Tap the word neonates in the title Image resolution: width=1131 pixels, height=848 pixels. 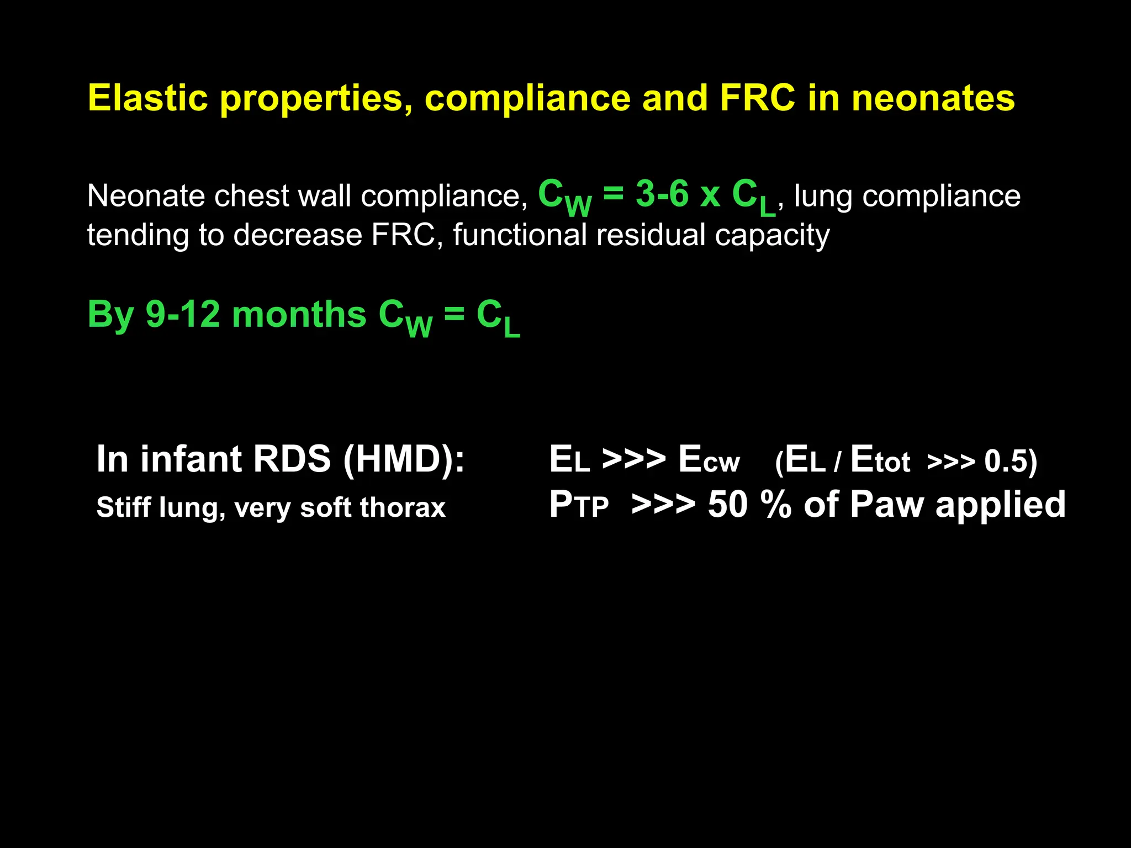coord(933,98)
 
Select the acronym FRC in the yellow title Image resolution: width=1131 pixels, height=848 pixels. coord(757,98)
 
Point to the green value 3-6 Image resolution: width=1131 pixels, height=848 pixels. coord(662,194)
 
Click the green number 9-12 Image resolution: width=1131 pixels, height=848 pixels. coord(183,315)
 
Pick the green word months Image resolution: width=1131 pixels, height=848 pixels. coord(299,315)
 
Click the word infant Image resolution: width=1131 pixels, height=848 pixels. coord(191,459)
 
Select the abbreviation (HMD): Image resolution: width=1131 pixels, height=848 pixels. coord(404,459)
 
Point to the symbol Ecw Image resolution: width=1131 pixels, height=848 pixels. coord(709,459)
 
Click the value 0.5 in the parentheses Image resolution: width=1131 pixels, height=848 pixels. coord(1005,462)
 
